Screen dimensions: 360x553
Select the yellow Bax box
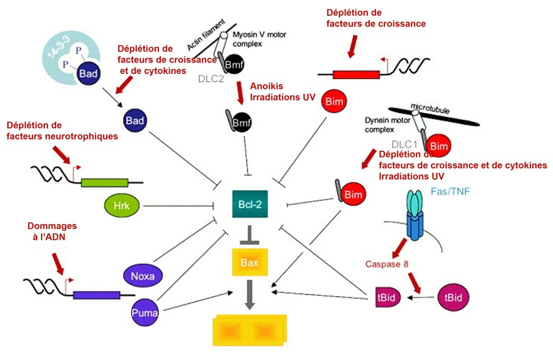[250, 263]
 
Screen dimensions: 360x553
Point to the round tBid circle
[452, 297]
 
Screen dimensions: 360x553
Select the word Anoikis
[267, 86]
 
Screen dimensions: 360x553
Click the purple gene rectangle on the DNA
[97, 295]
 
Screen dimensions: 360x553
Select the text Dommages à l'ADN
[52, 232]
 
